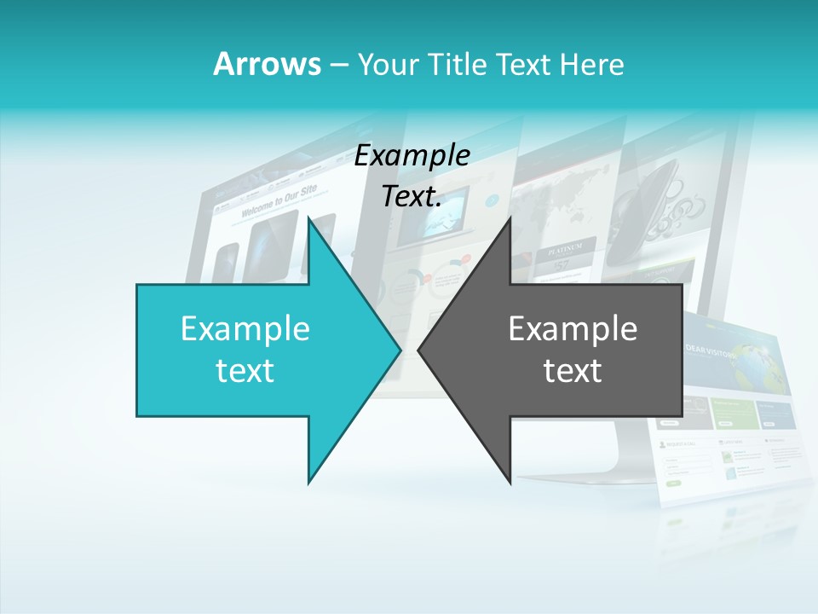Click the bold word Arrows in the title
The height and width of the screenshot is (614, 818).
click(x=266, y=64)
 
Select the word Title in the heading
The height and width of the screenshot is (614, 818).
click(x=458, y=64)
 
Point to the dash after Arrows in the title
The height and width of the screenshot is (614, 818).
click(x=337, y=65)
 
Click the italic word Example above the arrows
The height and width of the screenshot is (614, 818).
click(x=412, y=156)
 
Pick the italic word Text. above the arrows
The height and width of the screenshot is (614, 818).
click(x=412, y=197)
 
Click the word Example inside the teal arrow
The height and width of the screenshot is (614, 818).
click(x=245, y=329)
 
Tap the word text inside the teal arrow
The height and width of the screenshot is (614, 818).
click(x=245, y=371)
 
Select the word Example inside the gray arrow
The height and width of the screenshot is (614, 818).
click(x=573, y=329)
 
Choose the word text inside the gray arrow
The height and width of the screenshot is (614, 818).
click(x=573, y=371)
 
